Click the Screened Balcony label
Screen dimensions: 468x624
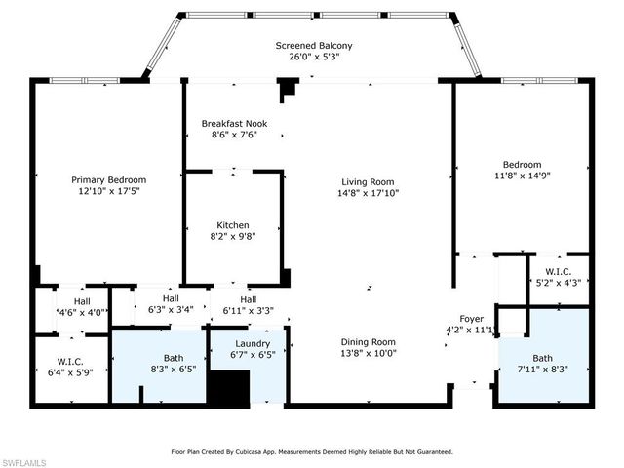click(313, 46)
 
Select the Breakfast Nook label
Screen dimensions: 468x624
click(234, 124)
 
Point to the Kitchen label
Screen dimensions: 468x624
click(234, 225)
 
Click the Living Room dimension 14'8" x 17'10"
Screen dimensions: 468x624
click(368, 193)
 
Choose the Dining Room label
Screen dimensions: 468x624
click(368, 341)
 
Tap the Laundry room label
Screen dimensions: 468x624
click(252, 344)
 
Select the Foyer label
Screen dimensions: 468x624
click(472, 318)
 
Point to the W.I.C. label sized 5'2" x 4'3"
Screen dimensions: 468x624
click(558, 271)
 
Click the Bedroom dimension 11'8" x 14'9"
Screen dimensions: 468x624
click(522, 176)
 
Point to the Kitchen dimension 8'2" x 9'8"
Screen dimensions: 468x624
click(234, 236)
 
